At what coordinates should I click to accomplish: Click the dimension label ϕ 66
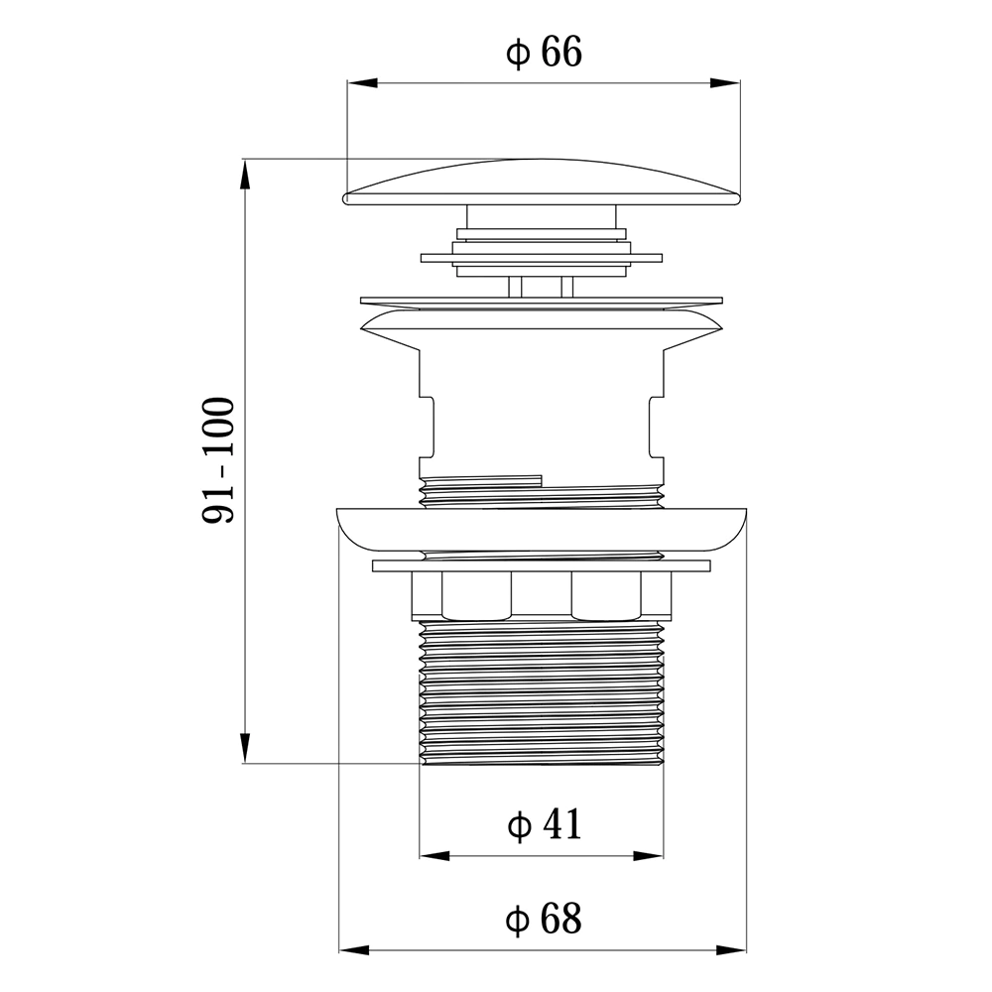click(544, 53)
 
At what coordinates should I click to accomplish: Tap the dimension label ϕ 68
click(544, 919)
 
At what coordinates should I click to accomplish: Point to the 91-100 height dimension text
click(218, 460)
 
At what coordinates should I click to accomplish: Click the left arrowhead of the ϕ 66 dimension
click(362, 83)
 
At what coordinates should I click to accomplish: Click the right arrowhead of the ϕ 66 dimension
click(725, 83)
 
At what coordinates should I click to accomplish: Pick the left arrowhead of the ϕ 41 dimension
click(434, 856)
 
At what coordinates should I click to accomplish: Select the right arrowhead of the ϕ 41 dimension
click(649, 856)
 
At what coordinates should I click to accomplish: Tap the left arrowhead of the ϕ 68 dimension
click(354, 949)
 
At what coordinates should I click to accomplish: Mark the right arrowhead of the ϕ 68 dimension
click(731, 949)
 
